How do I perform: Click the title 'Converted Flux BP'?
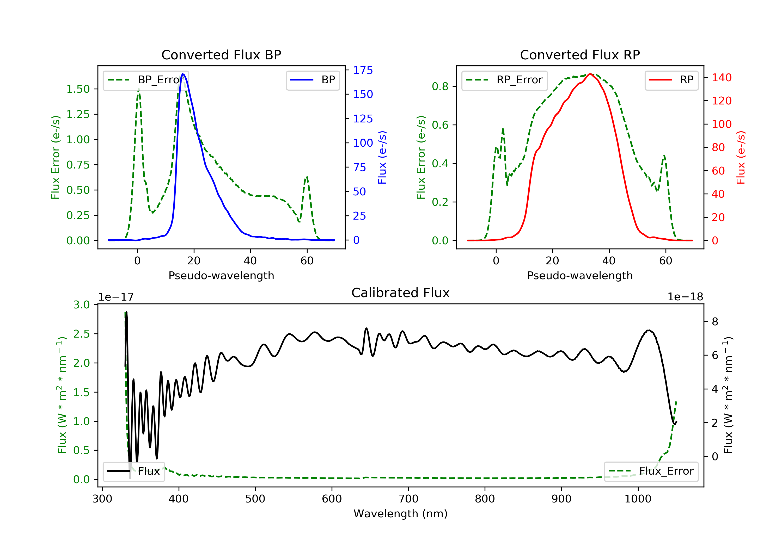(x=221, y=55)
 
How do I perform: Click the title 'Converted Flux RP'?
(x=580, y=55)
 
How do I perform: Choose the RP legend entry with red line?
(x=671, y=80)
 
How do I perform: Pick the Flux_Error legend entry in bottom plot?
(x=651, y=471)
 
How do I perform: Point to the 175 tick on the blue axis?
(x=363, y=70)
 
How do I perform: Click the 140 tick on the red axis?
(x=721, y=78)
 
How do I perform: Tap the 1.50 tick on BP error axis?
(x=78, y=89)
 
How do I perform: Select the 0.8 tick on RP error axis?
(x=440, y=86)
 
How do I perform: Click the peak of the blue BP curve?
(x=183, y=74)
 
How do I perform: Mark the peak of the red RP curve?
(x=590, y=74)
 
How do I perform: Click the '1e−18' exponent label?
(x=685, y=297)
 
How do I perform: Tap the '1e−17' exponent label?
(x=116, y=297)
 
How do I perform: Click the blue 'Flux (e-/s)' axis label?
(x=382, y=157)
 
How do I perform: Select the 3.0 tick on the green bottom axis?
(x=81, y=305)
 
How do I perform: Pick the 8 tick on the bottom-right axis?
(x=714, y=322)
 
